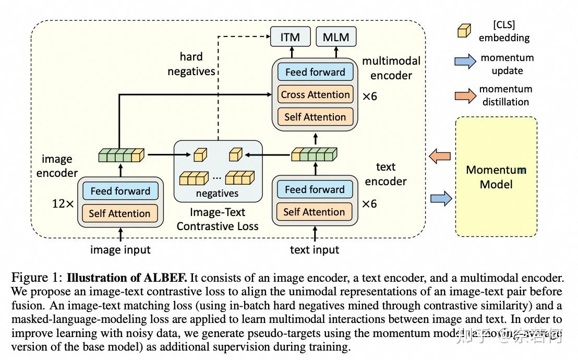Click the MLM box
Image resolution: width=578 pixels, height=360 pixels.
(336, 37)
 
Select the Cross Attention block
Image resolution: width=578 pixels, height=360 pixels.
(315, 94)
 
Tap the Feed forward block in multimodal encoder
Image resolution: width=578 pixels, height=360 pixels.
(315, 72)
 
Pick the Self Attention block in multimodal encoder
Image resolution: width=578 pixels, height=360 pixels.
(315, 117)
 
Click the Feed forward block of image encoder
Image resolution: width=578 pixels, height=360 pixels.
(121, 191)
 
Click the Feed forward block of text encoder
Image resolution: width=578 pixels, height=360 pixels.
(315, 189)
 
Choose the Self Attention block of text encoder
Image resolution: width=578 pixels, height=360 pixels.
(314, 212)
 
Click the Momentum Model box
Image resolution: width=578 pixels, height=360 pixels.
(496, 177)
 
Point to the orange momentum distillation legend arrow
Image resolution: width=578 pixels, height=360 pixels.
(465, 95)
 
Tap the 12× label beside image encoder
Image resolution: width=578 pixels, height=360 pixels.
(63, 203)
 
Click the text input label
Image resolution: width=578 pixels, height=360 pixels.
(315, 250)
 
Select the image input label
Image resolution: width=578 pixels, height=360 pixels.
(121, 250)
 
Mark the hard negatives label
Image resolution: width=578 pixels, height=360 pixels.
(191, 64)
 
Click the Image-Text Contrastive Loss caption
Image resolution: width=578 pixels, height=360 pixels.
(218, 220)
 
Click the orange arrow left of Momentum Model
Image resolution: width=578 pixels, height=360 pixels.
(439, 155)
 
